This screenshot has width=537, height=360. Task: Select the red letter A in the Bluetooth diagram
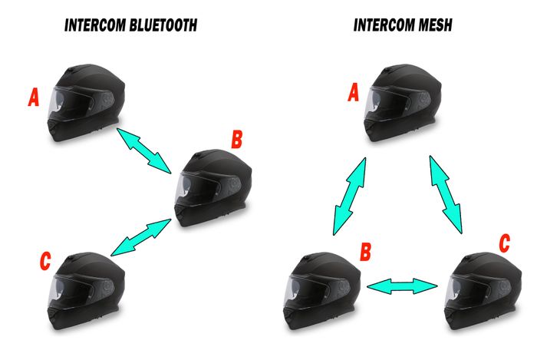click(33, 97)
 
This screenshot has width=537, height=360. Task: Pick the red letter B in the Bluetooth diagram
click(237, 140)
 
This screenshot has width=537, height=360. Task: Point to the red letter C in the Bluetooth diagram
click(45, 261)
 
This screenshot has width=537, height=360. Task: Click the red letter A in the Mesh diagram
click(354, 94)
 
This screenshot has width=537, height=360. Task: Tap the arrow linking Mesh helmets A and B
click(350, 193)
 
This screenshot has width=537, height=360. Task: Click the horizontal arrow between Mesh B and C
click(402, 286)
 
